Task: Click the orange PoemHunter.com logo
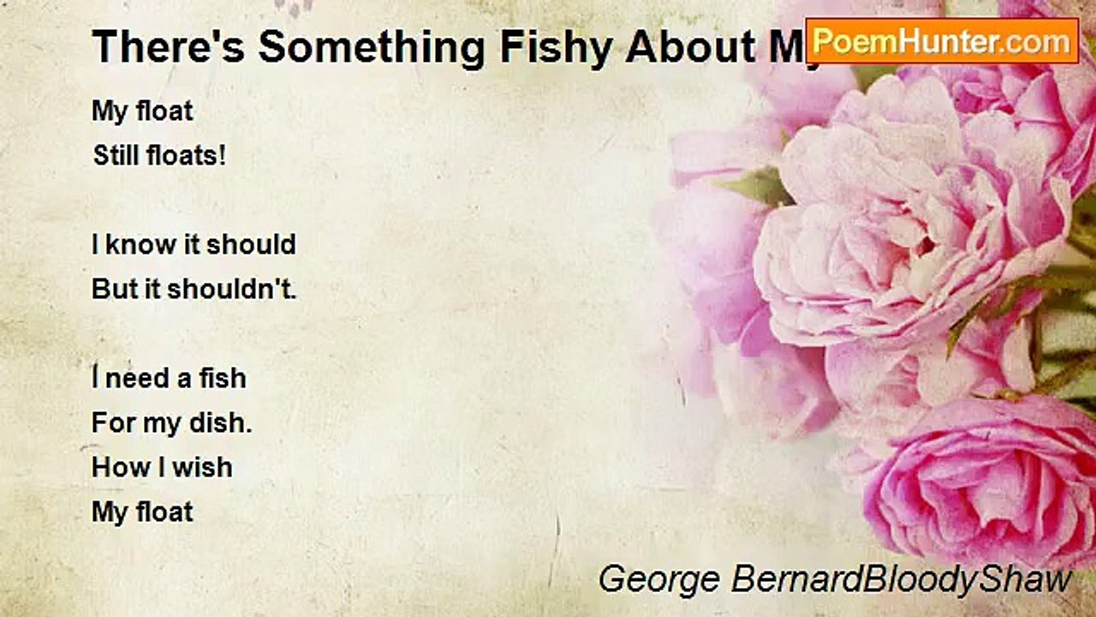[942, 40]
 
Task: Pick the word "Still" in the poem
[116, 157]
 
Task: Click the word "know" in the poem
[130, 244]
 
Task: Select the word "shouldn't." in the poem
[231, 289]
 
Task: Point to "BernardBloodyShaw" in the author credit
[900, 579]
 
